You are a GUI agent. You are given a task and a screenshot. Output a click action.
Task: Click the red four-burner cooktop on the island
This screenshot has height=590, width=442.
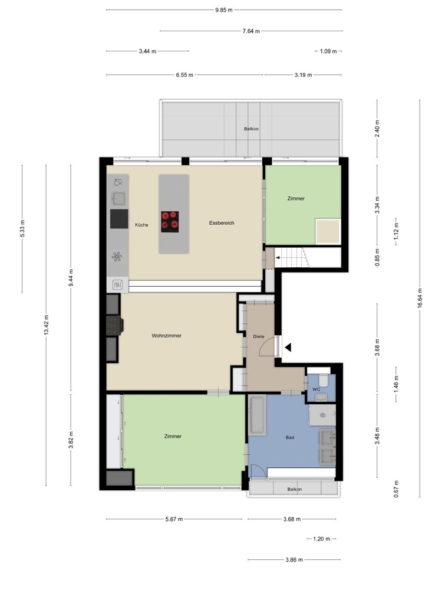click(170, 221)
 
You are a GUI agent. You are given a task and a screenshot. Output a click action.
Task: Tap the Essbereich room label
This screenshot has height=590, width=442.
click(222, 223)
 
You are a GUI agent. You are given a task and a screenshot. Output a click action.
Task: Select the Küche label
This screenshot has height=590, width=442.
click(141, 225)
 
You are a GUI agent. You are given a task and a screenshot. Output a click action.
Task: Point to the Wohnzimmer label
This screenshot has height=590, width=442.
click(167, 335)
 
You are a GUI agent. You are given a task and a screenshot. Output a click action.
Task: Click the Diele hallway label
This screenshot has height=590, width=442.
click(259, 336)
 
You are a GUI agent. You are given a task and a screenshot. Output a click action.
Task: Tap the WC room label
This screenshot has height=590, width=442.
click(316, 389)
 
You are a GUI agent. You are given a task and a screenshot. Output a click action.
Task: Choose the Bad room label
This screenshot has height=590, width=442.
click(290, 437)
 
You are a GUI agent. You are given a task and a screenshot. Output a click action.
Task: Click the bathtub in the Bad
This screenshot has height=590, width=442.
click(258, 415)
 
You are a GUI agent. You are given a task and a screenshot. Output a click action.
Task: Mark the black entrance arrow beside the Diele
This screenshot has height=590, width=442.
click(288, 348)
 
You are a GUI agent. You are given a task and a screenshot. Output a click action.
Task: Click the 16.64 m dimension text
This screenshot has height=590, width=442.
click(420, 298)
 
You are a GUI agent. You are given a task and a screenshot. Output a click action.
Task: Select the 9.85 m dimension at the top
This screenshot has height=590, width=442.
click(224, 10)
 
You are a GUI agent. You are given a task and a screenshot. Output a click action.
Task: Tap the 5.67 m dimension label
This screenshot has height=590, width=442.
click(174, 519)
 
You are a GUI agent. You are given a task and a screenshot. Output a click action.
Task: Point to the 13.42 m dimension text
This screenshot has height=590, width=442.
click(46, 324)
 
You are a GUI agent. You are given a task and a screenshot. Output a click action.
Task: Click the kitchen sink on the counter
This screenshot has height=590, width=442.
click(119, 198)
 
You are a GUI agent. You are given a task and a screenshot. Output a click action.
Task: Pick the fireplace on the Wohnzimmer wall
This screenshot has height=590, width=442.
click(115, 325)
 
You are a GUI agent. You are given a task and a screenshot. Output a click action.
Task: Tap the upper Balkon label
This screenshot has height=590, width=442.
click(251, 129)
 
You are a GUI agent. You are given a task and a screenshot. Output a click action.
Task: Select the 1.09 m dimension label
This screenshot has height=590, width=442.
click(328, 51)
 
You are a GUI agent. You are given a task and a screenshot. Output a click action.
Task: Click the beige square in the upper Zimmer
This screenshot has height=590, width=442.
click(328, 231)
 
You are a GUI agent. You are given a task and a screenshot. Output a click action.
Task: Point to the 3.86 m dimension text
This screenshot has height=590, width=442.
click(294, 559)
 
